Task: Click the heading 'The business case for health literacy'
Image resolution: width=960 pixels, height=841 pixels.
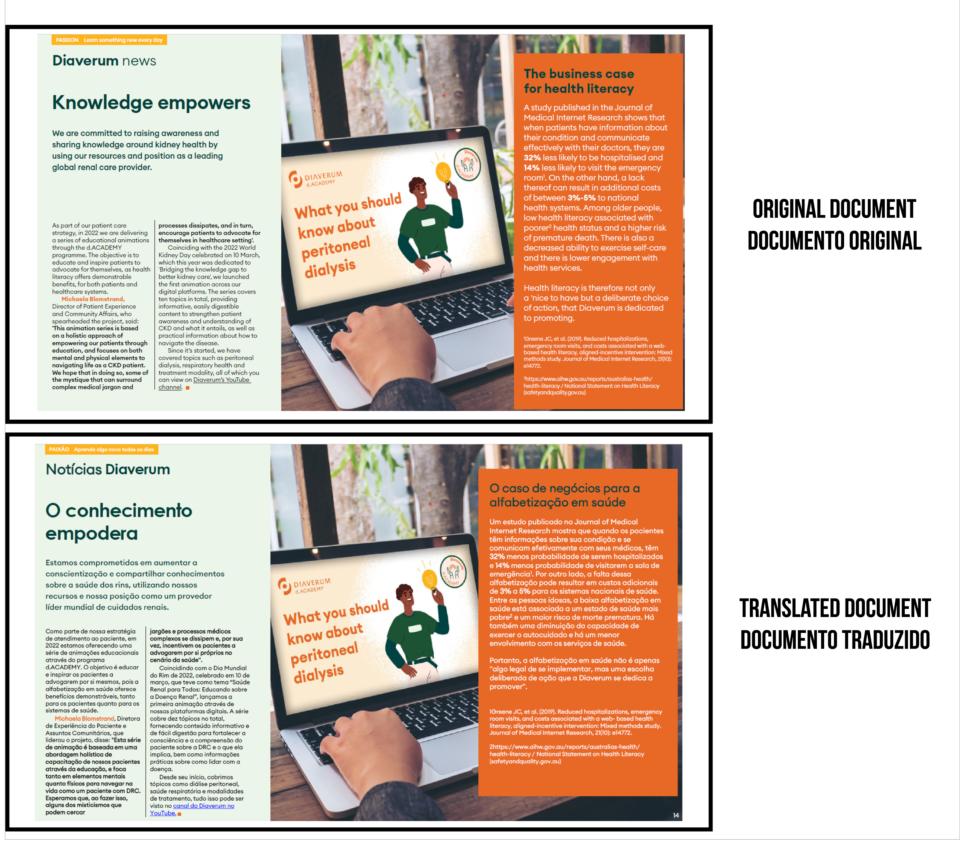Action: click(x=578, y=81)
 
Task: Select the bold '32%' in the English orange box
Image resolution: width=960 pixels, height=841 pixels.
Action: click(x=532, y=158)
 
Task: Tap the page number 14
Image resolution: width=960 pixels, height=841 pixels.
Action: click(x=676, y=815)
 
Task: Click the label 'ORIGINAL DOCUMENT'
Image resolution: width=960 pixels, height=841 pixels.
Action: click(x=834, y=209)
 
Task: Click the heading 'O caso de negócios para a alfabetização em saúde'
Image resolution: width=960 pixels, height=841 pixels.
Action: click(x=564, y=495)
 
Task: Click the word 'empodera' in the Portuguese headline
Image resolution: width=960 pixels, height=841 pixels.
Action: click(x=92, y=534)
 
